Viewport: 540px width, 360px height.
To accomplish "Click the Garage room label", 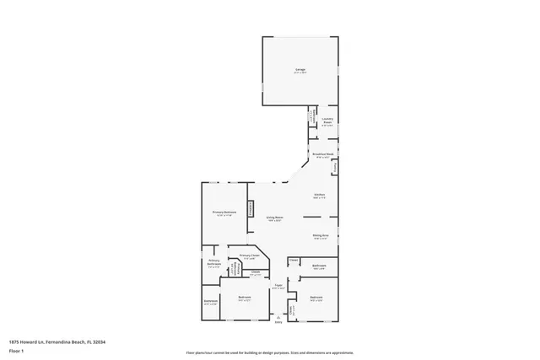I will [300, 69].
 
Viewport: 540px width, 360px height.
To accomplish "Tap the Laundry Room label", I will [327, 120].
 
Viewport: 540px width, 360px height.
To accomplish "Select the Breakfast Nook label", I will [323, 154].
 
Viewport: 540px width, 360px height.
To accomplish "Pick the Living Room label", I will [274, 218].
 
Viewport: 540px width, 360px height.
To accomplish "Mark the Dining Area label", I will [321, 236].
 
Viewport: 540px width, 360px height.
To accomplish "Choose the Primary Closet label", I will [249, 256].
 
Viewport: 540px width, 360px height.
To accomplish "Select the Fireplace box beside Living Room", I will [250, 208].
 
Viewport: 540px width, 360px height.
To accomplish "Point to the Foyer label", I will [278, 286].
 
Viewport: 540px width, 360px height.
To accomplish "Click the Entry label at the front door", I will [279, 322].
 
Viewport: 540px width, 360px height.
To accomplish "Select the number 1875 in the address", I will [14, 341].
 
